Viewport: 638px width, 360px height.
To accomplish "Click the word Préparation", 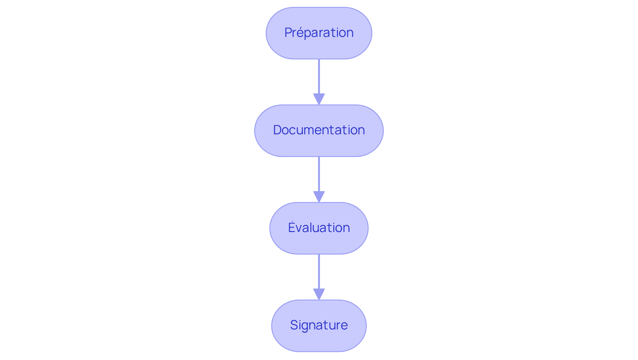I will click(x=319, y=33).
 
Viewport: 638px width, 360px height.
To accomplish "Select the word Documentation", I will click(x=319, y=130).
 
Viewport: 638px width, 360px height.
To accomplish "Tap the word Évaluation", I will click(x=319, y=228).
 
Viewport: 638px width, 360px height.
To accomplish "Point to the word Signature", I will click(x=319, y=325).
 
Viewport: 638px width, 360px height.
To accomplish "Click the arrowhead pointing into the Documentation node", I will click(x=319, y=99).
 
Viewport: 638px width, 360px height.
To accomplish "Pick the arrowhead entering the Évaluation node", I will click(x=319, y=196).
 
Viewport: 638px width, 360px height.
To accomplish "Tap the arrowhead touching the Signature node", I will click(x=319, y=294).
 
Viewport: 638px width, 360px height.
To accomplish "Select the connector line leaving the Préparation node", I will click(x=319, y=76).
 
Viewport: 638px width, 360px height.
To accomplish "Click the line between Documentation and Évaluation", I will click(x=319, y=174).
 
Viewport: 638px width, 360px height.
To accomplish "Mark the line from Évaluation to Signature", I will click(x=319, y=271).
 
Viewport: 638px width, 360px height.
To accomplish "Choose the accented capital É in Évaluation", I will click(x=291, y=227).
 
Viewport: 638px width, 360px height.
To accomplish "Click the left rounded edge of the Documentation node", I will click(x=255, y=131).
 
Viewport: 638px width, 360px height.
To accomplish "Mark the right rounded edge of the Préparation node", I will click(x=371, y=33).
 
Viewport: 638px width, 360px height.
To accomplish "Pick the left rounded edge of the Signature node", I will click(x=272, y=326).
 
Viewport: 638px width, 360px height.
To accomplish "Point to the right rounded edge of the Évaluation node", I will click(x=368, y=228).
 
